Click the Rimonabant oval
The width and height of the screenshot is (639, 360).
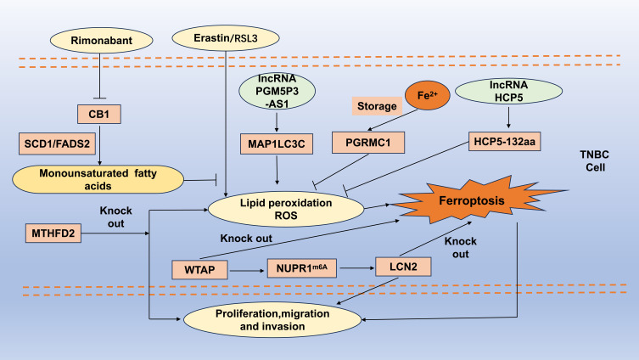[x=100, y=39]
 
